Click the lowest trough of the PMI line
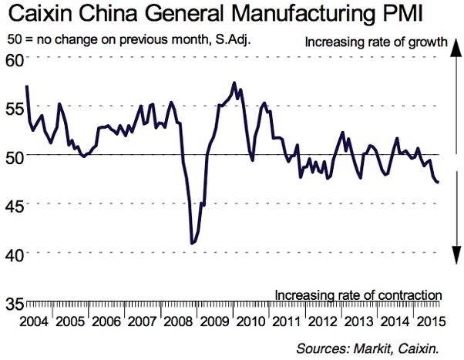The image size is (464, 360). [192, 244]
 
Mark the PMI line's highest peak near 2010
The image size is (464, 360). [234, 82]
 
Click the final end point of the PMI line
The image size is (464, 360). [439, 183]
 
